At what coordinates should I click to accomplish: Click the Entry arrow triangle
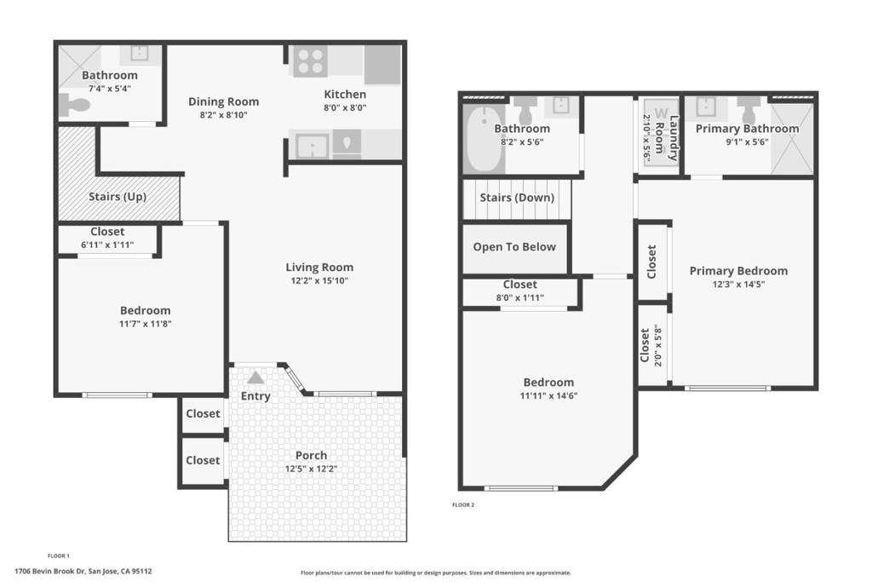coord(255,377)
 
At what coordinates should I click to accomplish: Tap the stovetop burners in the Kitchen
coord(310,61)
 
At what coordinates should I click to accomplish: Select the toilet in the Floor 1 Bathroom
coord(75,105)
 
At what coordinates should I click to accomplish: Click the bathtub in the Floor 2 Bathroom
coord(485,139)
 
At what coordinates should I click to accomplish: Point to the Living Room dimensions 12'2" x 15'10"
coord(319,281)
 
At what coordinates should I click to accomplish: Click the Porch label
coord(311,455)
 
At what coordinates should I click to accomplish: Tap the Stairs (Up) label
coord(118,196)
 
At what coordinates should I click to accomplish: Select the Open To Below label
coord(514,247)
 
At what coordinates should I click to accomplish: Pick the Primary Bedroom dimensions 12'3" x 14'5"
coord(738,285)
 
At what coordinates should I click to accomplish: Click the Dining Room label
coord(224,101)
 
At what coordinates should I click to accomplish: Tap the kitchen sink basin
coord(312,146)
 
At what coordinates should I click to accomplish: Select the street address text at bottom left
coord(83,571)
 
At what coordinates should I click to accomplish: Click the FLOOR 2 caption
coord(463,505)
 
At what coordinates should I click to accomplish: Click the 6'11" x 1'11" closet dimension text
coord(107,245)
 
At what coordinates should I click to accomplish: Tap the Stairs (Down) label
coord(517,198)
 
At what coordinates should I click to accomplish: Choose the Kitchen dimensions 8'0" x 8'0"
coord(345,108)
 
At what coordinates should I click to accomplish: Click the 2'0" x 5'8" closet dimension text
coord(658,345)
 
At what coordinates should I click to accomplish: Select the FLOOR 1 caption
coord(59,556)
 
